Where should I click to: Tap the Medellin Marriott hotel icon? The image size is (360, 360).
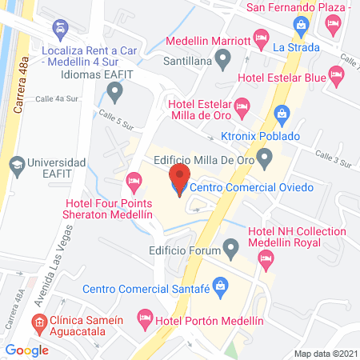pyautogui.click(x=261, y=37)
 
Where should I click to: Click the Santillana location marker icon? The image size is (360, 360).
pyautogui.click(x=224, y=58)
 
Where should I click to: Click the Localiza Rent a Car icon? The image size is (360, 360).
pyautogui.click(x=61, y=30)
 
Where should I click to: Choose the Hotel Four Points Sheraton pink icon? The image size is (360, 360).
pyautogui.click(x=134, y=182)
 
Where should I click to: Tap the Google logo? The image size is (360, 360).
pyautogui.click(x=26, y=350)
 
